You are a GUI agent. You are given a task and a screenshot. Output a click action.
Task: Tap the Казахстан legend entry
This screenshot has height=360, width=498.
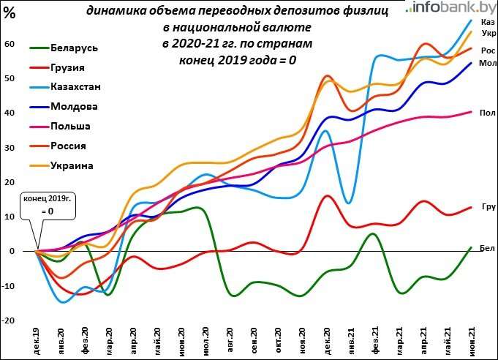(x=76, y=87)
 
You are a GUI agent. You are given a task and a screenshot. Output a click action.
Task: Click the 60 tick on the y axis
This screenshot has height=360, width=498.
(x=10, y=44)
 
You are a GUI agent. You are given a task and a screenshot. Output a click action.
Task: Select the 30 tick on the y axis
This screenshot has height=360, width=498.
(x=10, y=147)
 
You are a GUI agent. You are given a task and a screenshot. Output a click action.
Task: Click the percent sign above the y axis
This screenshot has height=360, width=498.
(x=10, y=12)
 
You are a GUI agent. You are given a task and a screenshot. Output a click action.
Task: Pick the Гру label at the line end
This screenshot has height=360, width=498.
(x=488, y=207)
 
